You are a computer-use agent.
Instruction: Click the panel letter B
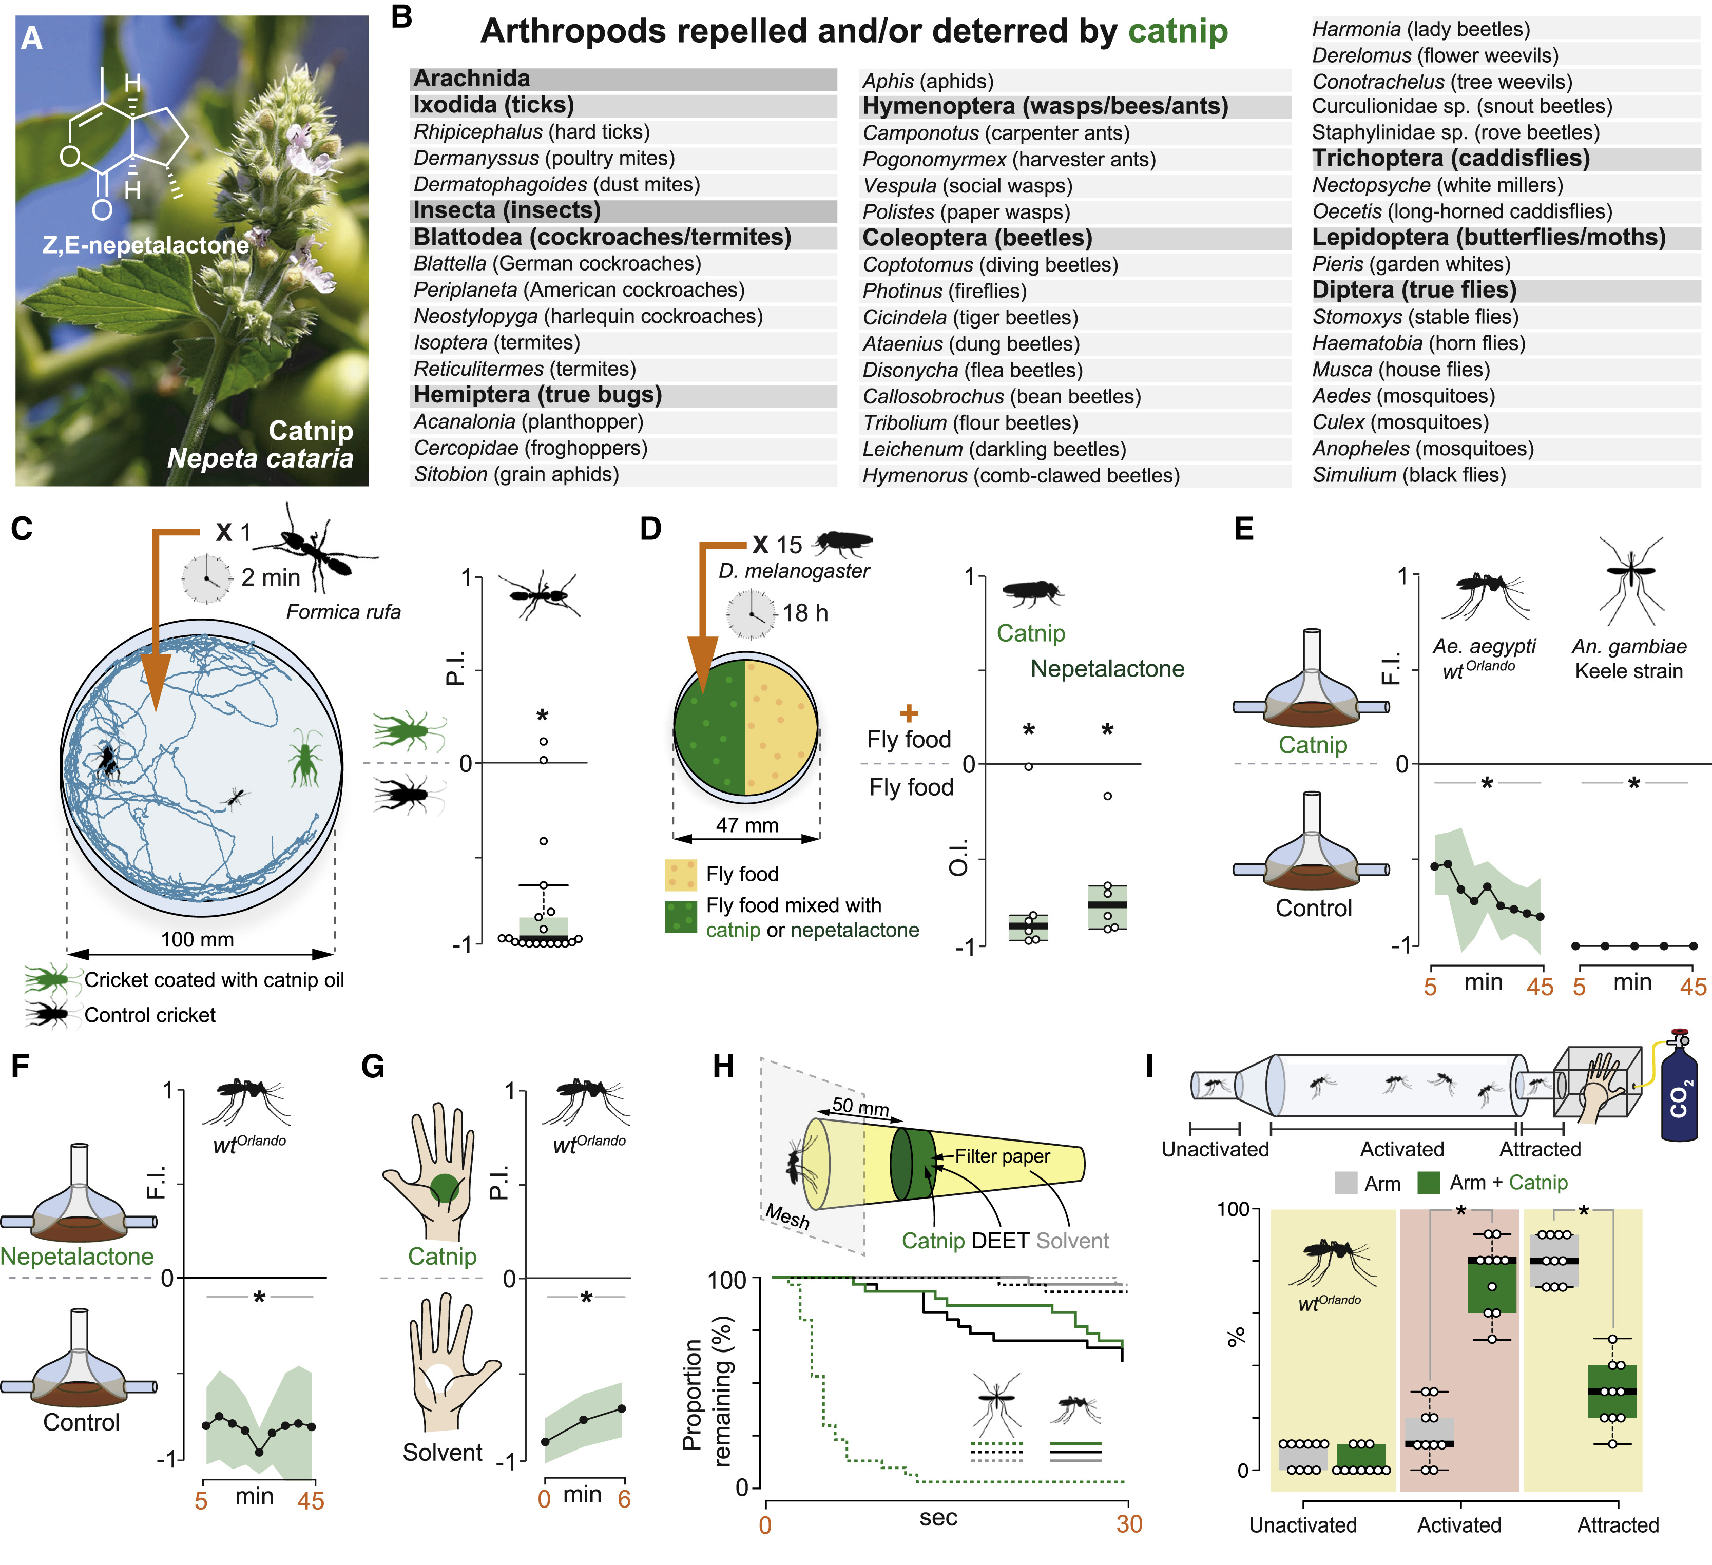[401, 17]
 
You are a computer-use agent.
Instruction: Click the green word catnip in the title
[1178, 31]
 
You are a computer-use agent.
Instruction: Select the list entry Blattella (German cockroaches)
[557, 264]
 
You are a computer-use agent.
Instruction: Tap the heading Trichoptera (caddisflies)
[1450, 159]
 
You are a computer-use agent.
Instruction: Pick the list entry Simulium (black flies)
[1409, 475]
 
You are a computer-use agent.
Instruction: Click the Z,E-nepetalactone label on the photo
[146, 245]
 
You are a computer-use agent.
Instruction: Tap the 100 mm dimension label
[197, 939]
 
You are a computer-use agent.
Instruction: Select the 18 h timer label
[804, 613]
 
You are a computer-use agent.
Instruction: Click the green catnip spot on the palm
[444, 1186]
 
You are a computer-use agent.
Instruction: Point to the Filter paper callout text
[1002, 1156]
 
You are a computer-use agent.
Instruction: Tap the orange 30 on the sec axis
[1129, 1524]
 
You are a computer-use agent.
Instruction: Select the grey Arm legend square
[1346, 1183]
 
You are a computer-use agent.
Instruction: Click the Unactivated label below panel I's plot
[1303, 1525]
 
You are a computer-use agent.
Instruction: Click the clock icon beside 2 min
[206, 578]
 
